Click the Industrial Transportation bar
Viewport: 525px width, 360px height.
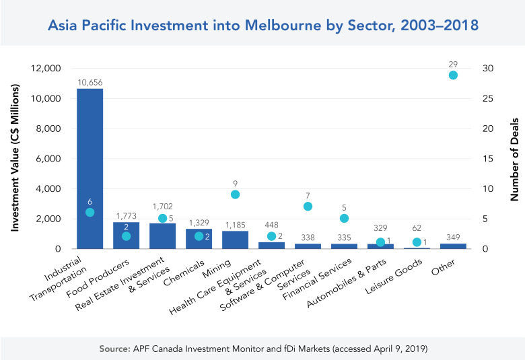[x=90, y=168]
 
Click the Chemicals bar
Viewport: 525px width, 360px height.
[x=199, y=240]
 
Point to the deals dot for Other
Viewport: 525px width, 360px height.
[x=453, y=75]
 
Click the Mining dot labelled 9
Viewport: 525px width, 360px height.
[x=235, y=194]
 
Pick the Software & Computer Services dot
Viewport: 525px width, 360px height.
[x=308, y=206]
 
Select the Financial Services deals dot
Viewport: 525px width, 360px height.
[x=344, y=218]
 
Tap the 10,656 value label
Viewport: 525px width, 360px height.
[x=90, y=82]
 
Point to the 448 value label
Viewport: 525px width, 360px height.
[x=271, y=225]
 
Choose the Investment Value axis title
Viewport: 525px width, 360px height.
[x=14, y=159]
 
